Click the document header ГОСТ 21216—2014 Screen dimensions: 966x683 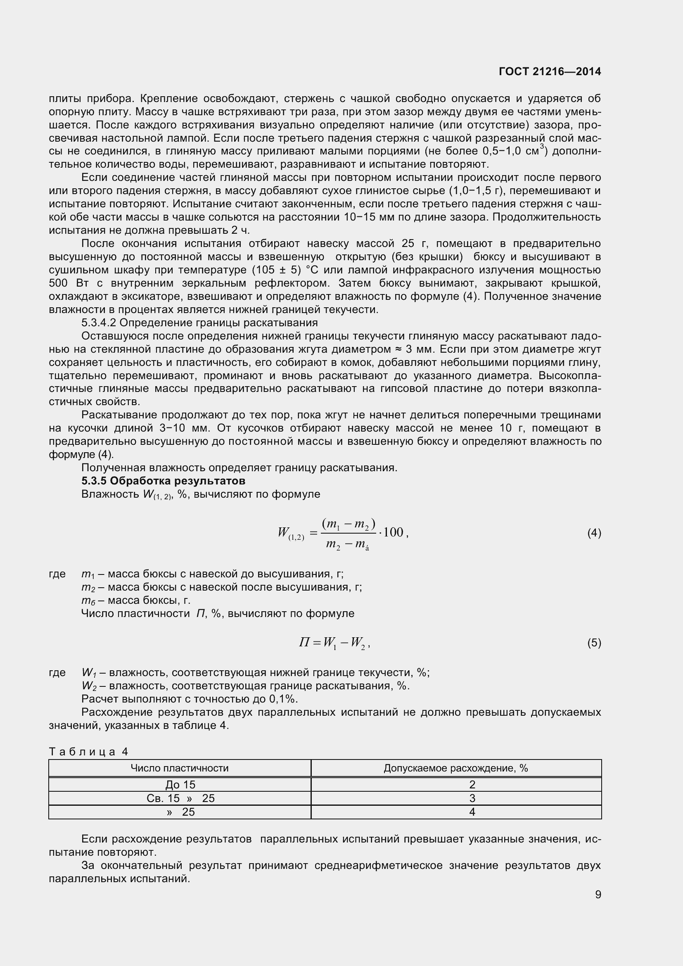click(550, 71)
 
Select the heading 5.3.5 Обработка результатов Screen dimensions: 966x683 click(163, 481)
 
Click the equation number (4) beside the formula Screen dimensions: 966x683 click(594, 533)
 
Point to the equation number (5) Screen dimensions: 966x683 click(594, 643)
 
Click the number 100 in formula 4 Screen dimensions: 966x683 click(393, 532)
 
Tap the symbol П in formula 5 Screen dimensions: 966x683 click(304, 642)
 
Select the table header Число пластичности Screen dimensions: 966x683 click(180, 768)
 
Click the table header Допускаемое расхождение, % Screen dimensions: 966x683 click(455, 768)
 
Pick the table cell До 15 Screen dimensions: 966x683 click(180, 784)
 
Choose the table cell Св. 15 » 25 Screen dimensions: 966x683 click(180, 798)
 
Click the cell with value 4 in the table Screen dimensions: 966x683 click(472, 812)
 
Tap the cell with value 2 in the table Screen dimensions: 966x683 click(472, 784)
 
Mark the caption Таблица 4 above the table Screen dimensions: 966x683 click(88, 751)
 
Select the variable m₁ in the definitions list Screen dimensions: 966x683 click(88, 574)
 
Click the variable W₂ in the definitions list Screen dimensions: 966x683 click(89, 686)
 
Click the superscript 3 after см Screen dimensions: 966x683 click(542, 147)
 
